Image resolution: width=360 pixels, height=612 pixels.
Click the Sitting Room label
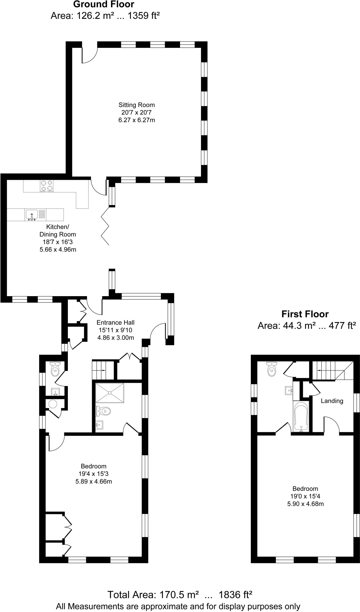137,105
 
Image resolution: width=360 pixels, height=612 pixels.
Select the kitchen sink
31,214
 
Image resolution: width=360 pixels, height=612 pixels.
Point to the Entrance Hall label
115,322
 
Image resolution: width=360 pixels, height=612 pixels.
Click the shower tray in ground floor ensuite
110,393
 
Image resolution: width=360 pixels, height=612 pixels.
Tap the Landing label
332,401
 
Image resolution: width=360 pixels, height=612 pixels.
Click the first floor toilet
271,370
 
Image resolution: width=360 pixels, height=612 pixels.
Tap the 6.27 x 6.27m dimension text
137,120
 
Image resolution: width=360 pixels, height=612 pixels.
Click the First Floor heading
305,314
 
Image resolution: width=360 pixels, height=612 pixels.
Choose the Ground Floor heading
104,4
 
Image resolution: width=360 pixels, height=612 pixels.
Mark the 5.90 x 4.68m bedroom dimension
305,504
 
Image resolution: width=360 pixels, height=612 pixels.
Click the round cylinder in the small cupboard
53,404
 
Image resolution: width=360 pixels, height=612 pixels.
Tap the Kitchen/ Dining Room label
58,231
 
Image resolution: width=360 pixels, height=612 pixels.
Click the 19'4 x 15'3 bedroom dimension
94,474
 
